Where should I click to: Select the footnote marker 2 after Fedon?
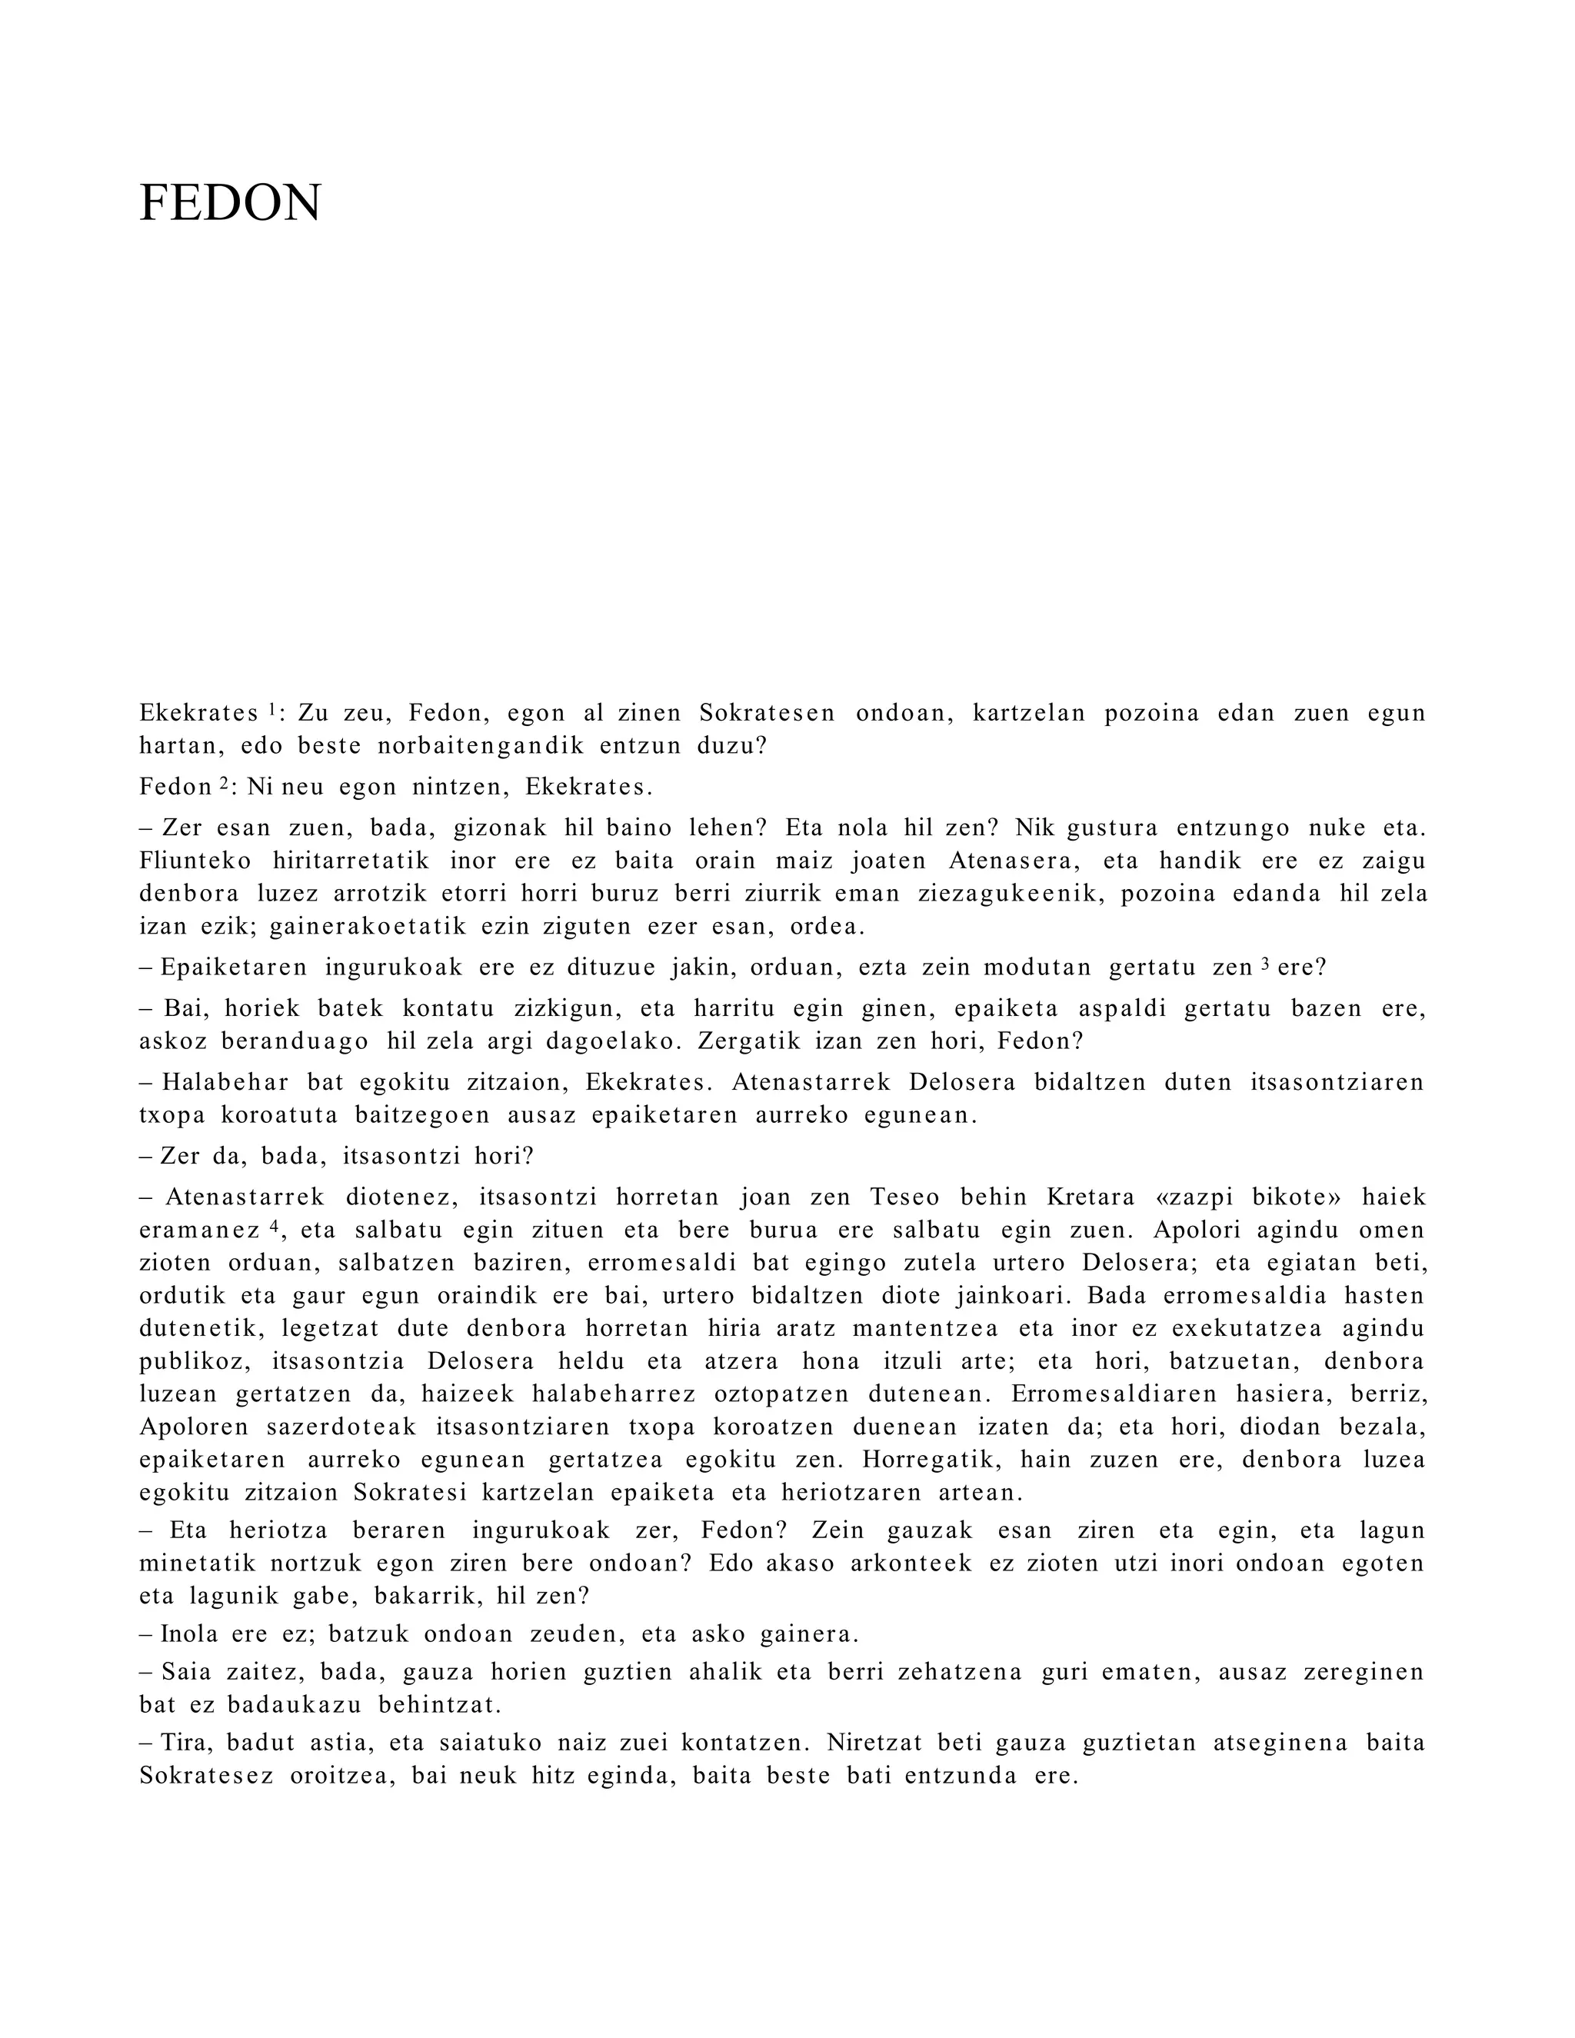pos(223,784)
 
